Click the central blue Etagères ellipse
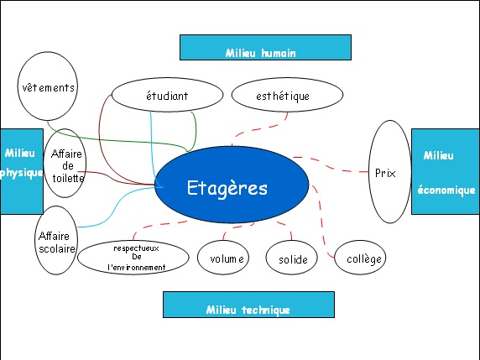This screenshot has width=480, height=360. pyautogui.click(x=232, y=185)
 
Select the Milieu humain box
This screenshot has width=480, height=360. pyautogui.click(x=265, y=48)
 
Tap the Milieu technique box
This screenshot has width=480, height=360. pyautogui.click(x=248, y=305)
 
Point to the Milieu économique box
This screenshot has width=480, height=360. pyautogui.click(x=446, y=171)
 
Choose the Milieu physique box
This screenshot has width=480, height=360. pyautogui.click(x=22, y=171)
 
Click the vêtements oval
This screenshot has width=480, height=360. pyautogui.click(x=48, y=86)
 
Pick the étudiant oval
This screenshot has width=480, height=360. pyautogui.click(x=167, y=95)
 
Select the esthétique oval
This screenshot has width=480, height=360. pyautogui.click(x=287, y=95)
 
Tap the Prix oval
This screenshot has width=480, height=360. pyautogui.click(x=389, y=172)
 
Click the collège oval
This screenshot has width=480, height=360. pyautogui.click(x=360, y=258)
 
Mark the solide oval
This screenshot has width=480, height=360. pyautogui.click(x=291, y=258)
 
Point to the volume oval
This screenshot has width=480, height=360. pyautogui.click(x=223, y=258)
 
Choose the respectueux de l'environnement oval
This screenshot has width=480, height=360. pyautogui.click(x=133, y=258)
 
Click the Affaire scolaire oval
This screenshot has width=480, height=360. pyautogui.click(x=56, y=240)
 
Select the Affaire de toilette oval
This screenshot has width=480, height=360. pyautogui.click(x=65, y=163)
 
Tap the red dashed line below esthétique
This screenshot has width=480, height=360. pyautogui.click(x=259, y=129)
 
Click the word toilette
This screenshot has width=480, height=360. pyautogui.click(x=68, y=178)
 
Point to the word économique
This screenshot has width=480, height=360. pyautogui.click(x=446, y=190)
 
